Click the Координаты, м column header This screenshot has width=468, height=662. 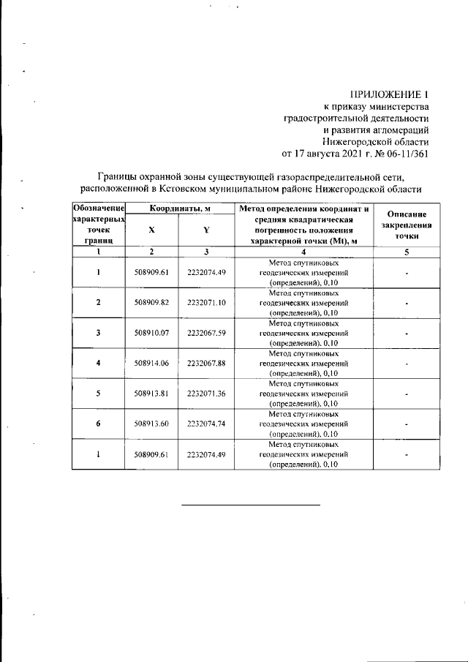pos(180,209)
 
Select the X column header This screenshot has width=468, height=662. pos(151,230)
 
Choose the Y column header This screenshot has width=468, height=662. pos(205,230)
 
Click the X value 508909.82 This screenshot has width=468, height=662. pos(151,302)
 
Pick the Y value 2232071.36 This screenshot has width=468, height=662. pos(205,394)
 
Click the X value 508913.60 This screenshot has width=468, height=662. pos(151,424)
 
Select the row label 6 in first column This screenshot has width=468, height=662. pos(98,424)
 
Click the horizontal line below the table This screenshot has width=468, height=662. pos(250,505)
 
